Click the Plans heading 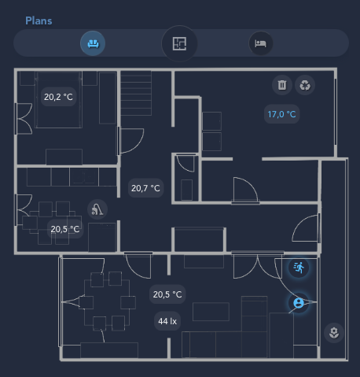pos(39,20)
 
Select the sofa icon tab pos(93,43)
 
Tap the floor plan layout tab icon pos(179,43)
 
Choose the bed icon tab pos(260,43)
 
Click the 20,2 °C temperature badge pos(58,97)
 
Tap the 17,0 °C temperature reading pos(281,114)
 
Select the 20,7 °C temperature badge pos(145,188)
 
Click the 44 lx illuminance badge pos(167,321)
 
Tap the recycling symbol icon pos(305,85)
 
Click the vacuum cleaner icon pos(97,209)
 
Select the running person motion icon pos(299,268)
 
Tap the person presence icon pos(299,303)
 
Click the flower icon pos(334,333)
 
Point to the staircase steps pos(136,93)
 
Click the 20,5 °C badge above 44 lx pos(167,294)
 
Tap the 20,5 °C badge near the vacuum pos(65,229)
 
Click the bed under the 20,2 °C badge pos(58,100)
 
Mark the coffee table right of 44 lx pos(211,312)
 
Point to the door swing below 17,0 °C pos(245,190)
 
